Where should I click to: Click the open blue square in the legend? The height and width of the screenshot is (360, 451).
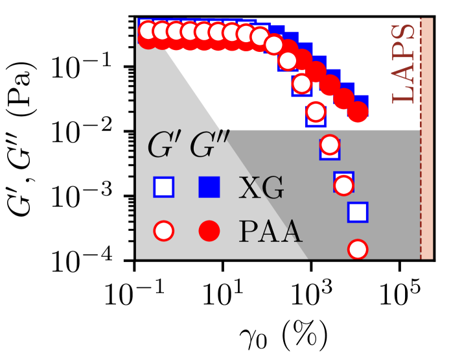tap(164, 187)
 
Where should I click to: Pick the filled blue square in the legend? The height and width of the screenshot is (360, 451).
tap(209, 187)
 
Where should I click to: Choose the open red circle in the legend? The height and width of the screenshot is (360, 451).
tap(164, 230)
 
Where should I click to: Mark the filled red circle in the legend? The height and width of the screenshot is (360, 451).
tap(209, 230)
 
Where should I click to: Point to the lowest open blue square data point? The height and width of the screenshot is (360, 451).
tap(358, 211)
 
